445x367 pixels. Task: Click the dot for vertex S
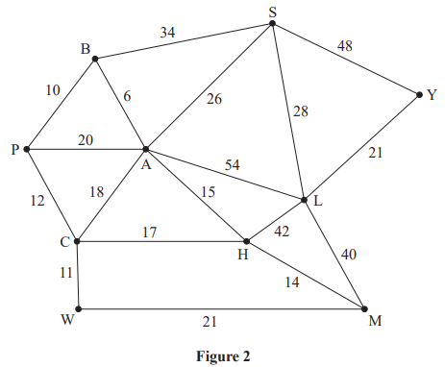tap(274, 22)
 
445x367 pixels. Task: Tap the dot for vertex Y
tap(419, 94)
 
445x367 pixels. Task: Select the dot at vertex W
tap(78, 308)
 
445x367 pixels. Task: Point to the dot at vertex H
tap(246, 241)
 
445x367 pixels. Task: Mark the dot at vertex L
tap(304, 200)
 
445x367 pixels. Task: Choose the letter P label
tap(13, 150)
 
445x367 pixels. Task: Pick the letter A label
tap(147, 164)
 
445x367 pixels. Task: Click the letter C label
tap(62, 242)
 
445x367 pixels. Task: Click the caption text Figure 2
tap(221, 355)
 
